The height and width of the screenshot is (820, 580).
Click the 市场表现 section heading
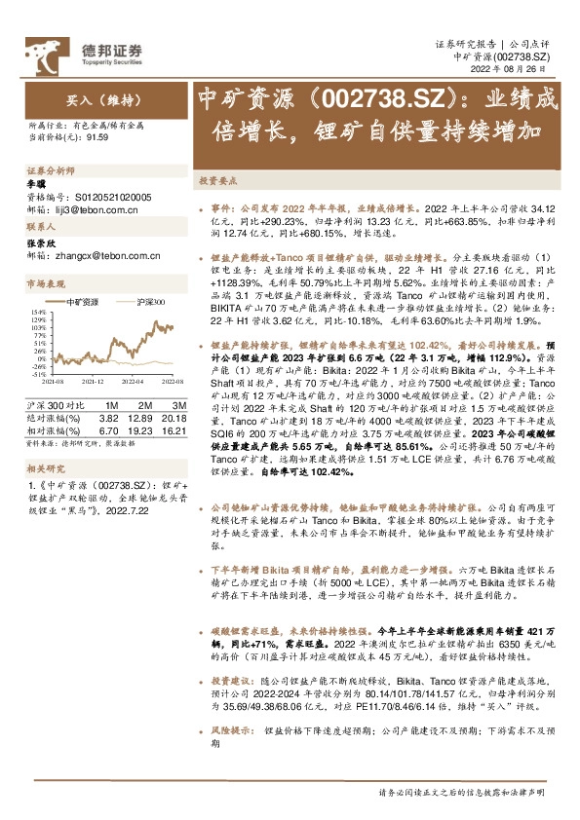[46, 283]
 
